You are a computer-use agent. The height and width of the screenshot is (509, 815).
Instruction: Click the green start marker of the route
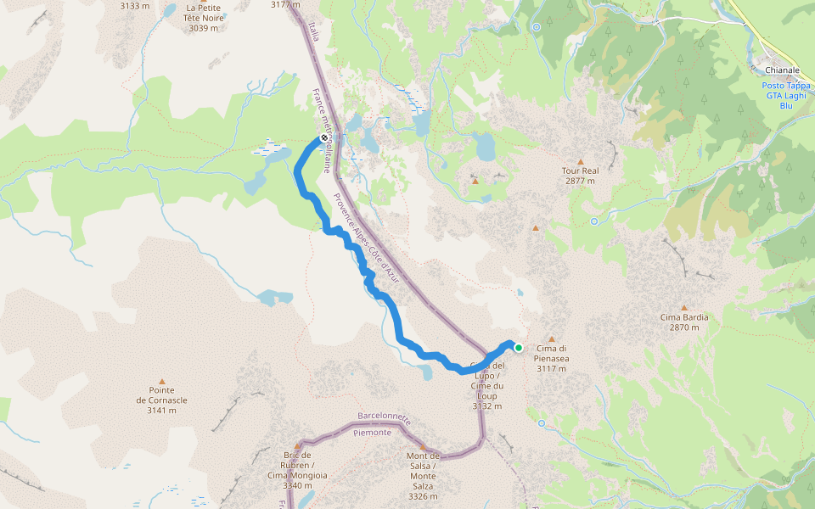coord(518,347)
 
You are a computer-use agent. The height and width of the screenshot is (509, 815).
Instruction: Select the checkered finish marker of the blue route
coord(324,138)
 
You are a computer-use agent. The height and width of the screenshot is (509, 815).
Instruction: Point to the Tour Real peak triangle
coord(581,161)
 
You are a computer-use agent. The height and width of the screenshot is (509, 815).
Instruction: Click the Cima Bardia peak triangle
coord(684,308)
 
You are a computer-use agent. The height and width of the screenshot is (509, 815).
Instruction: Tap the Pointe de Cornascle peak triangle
coord(161,382)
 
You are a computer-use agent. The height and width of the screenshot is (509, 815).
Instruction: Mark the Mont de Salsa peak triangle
coord(423,446)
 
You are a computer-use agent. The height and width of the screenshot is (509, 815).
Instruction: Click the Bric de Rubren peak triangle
coord(298,446)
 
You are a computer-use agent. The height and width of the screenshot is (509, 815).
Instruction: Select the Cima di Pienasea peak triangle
coord(551,338)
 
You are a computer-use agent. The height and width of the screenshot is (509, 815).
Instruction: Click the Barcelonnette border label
coord(384,418)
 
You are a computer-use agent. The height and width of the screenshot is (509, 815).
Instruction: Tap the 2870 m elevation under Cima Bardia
coord(684,327)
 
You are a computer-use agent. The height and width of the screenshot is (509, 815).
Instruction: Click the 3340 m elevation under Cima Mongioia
coord(297,486)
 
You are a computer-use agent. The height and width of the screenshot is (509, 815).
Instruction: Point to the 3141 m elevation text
coord(161,411)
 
